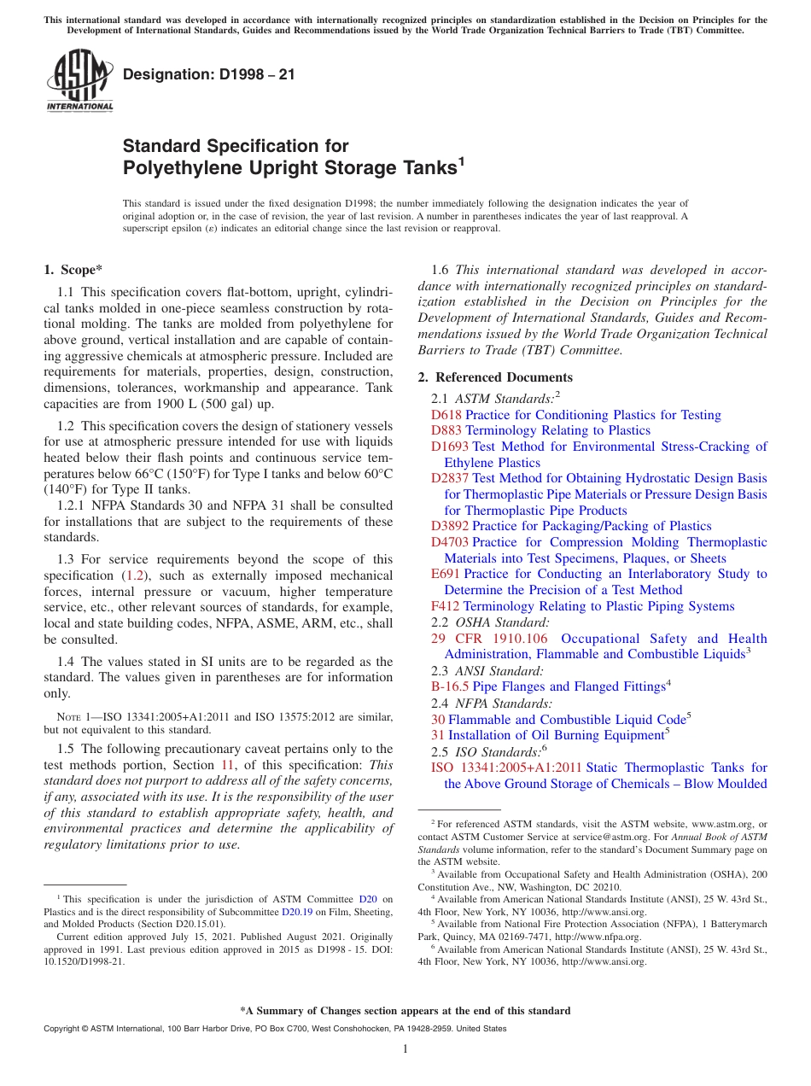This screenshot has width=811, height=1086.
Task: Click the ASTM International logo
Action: [79, 81]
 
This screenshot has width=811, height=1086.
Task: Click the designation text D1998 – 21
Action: [209, 74]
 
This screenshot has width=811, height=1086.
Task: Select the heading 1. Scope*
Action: [73, 271]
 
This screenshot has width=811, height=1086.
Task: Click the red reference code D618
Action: [446, 415]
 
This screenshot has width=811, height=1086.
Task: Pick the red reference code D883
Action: [446, 431]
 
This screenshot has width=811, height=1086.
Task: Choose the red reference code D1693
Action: [450, 447]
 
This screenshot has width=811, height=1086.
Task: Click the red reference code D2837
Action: [450, 479]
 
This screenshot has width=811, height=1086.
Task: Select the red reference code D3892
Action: [450, 527]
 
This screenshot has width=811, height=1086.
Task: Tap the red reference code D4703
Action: [450, 542]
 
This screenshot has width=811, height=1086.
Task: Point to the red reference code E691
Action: [446, 575]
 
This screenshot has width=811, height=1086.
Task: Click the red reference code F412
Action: [446, 607]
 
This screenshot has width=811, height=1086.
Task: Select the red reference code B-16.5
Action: [450, 687]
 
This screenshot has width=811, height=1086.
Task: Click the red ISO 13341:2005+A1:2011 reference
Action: [507, 768]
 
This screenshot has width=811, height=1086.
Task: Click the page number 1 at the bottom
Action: [405, 1049]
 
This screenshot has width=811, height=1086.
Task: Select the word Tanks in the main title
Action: [423, 168]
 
